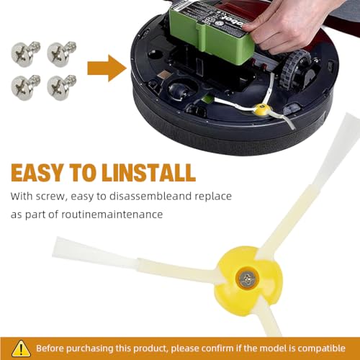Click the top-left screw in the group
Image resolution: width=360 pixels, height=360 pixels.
click(22, 53)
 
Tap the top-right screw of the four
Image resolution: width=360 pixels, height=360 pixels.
click(56, 53)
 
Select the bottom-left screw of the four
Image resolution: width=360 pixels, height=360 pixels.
click(22, 86)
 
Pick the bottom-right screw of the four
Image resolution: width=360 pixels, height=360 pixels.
click(56, 86)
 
